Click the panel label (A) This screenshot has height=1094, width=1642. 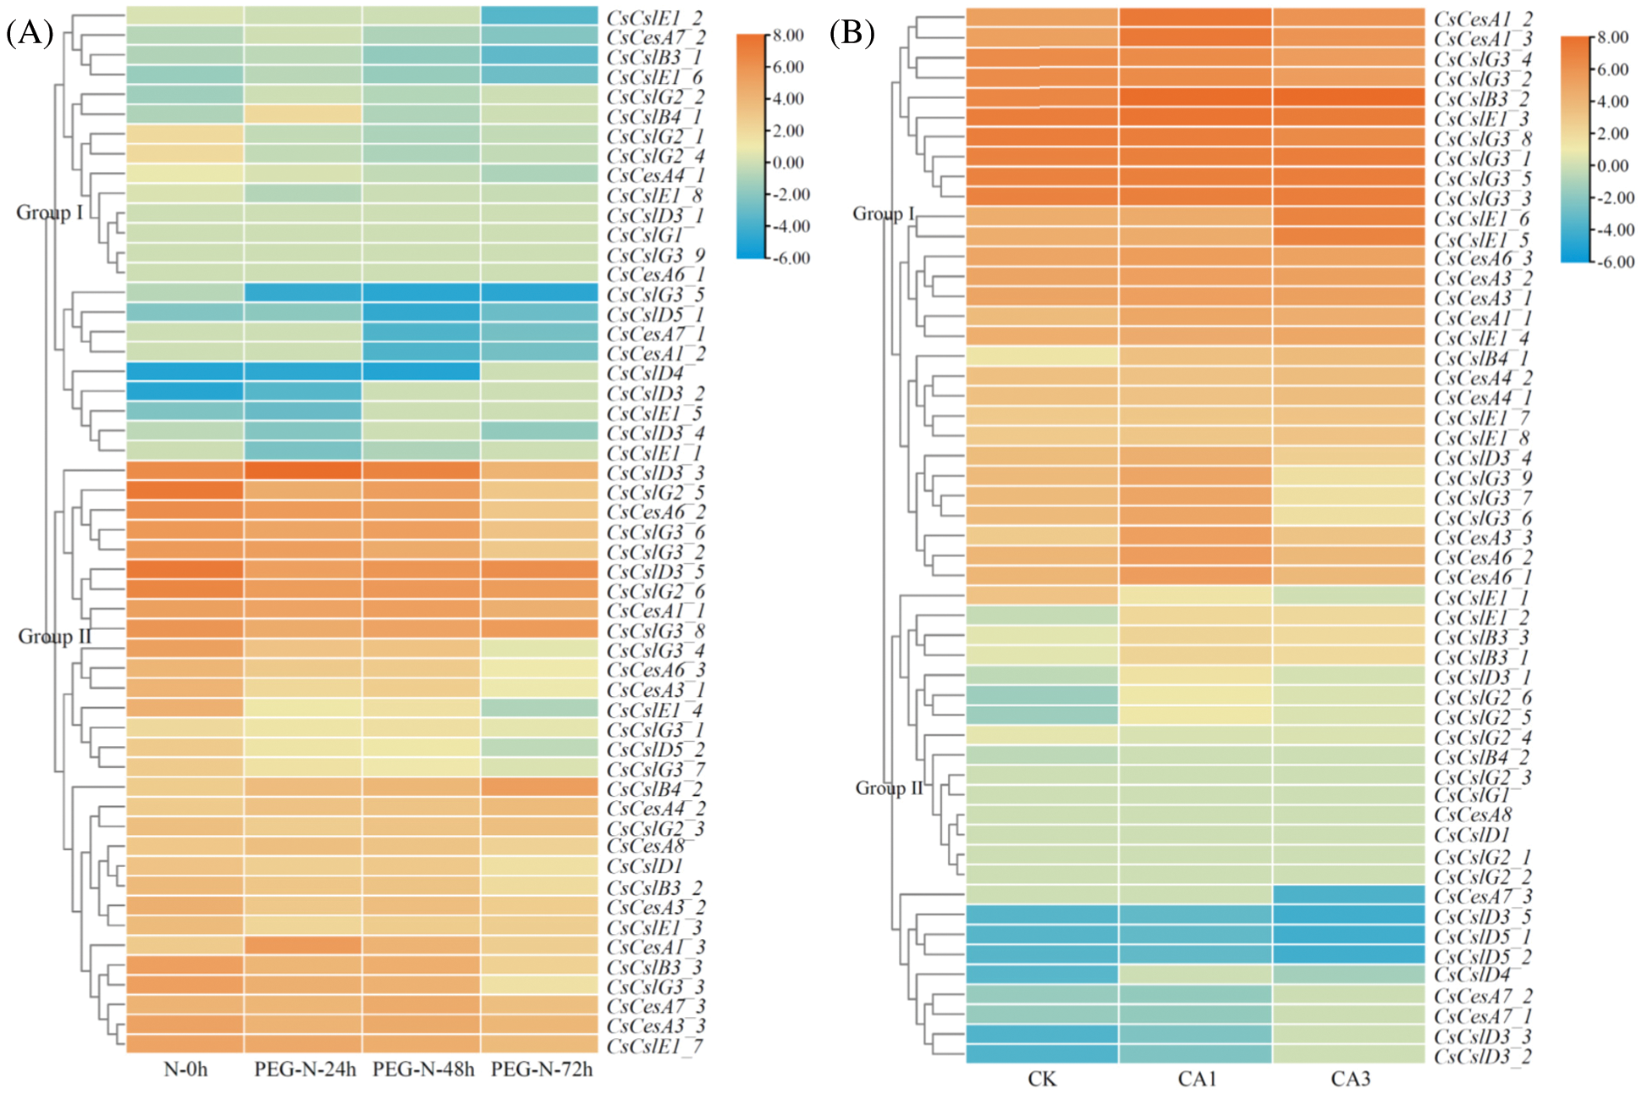pyautogui.click(x=30, y=33)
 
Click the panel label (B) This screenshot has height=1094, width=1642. pyautogui.click(x=852, y=33)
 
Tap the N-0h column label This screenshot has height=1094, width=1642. pyautogui.click(x=185, y=1069)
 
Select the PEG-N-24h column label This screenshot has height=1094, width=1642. pyautogui.click(x=305, y=1069)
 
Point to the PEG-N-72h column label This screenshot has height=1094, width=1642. pyautogui.click(x=542, y=1069)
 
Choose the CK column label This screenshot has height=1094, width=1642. pyautogui.click(x=1042, y=1079)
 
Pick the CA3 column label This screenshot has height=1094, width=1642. pyautogui.click(x=1350, y=1079)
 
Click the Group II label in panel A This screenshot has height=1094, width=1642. pyautogui.click(x=54, y=637)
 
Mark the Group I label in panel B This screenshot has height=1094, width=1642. pyautogui.click(x=883, y=213)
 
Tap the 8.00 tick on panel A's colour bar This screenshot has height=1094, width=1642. pyautogui.click(x=788, y=36)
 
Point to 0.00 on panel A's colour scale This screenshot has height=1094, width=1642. pyautogui.click(x=788, y=163)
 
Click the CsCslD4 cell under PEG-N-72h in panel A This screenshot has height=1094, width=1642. pyautogui.click(x=539, y=372)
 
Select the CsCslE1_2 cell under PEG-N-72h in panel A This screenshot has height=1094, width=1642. pyautogui.click(x=539, y=16)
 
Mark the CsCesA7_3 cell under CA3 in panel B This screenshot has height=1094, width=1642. pyautogui.click(x=1349, y=895)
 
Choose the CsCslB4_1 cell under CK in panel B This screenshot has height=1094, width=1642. pyautogui.click(x=1042, y=356)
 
